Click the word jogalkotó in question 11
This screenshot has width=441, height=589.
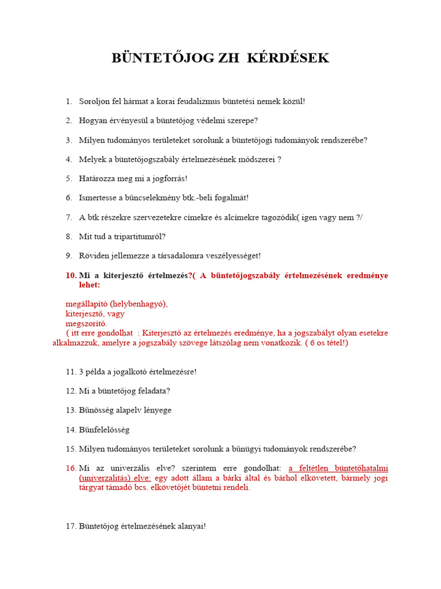tap(134, 372)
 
